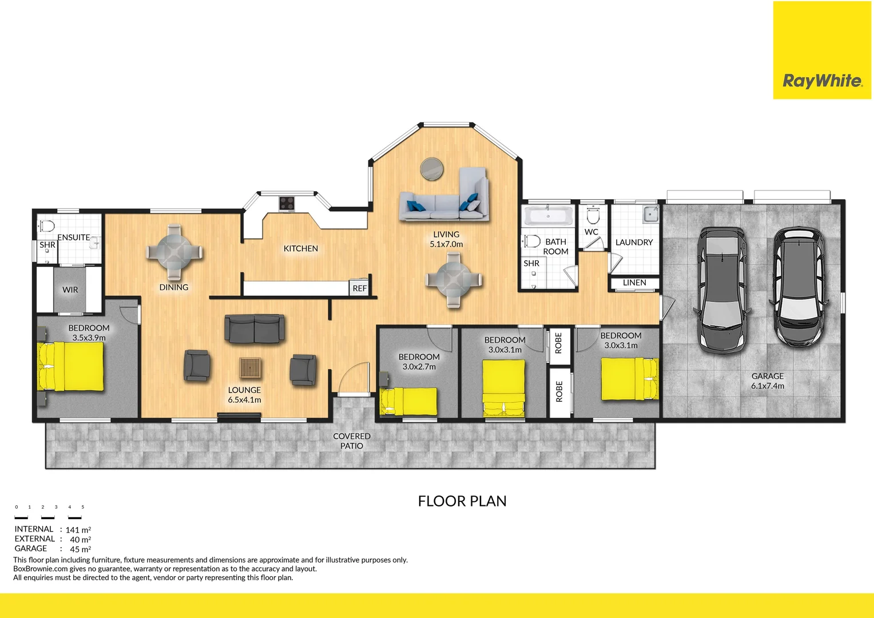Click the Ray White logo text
click(x=822, y=81)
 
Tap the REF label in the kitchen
click(x=359, y=288)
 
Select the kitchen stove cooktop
click(x=287, y=204)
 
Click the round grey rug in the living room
click(x=432, y=169)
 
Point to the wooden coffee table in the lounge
click(x=250, y=368)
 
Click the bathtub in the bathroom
click(x=548, y=216)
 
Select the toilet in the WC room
click(x=593, y=216)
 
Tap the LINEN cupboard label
click(x=634, y=283)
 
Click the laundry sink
click(x=650, y=215)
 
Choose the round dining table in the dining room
click(x=174, y=251)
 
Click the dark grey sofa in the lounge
click(x=255, y=328)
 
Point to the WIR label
click(x=70, y=290)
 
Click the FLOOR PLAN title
click(x=462, y=501)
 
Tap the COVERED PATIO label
click(x=352, y=441)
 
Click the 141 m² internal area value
click(x=78, y=530)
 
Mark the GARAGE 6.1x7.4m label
click(x=768, y=381)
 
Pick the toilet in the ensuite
click(x=47, y=225)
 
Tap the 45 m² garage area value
click(x=80, y=549)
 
